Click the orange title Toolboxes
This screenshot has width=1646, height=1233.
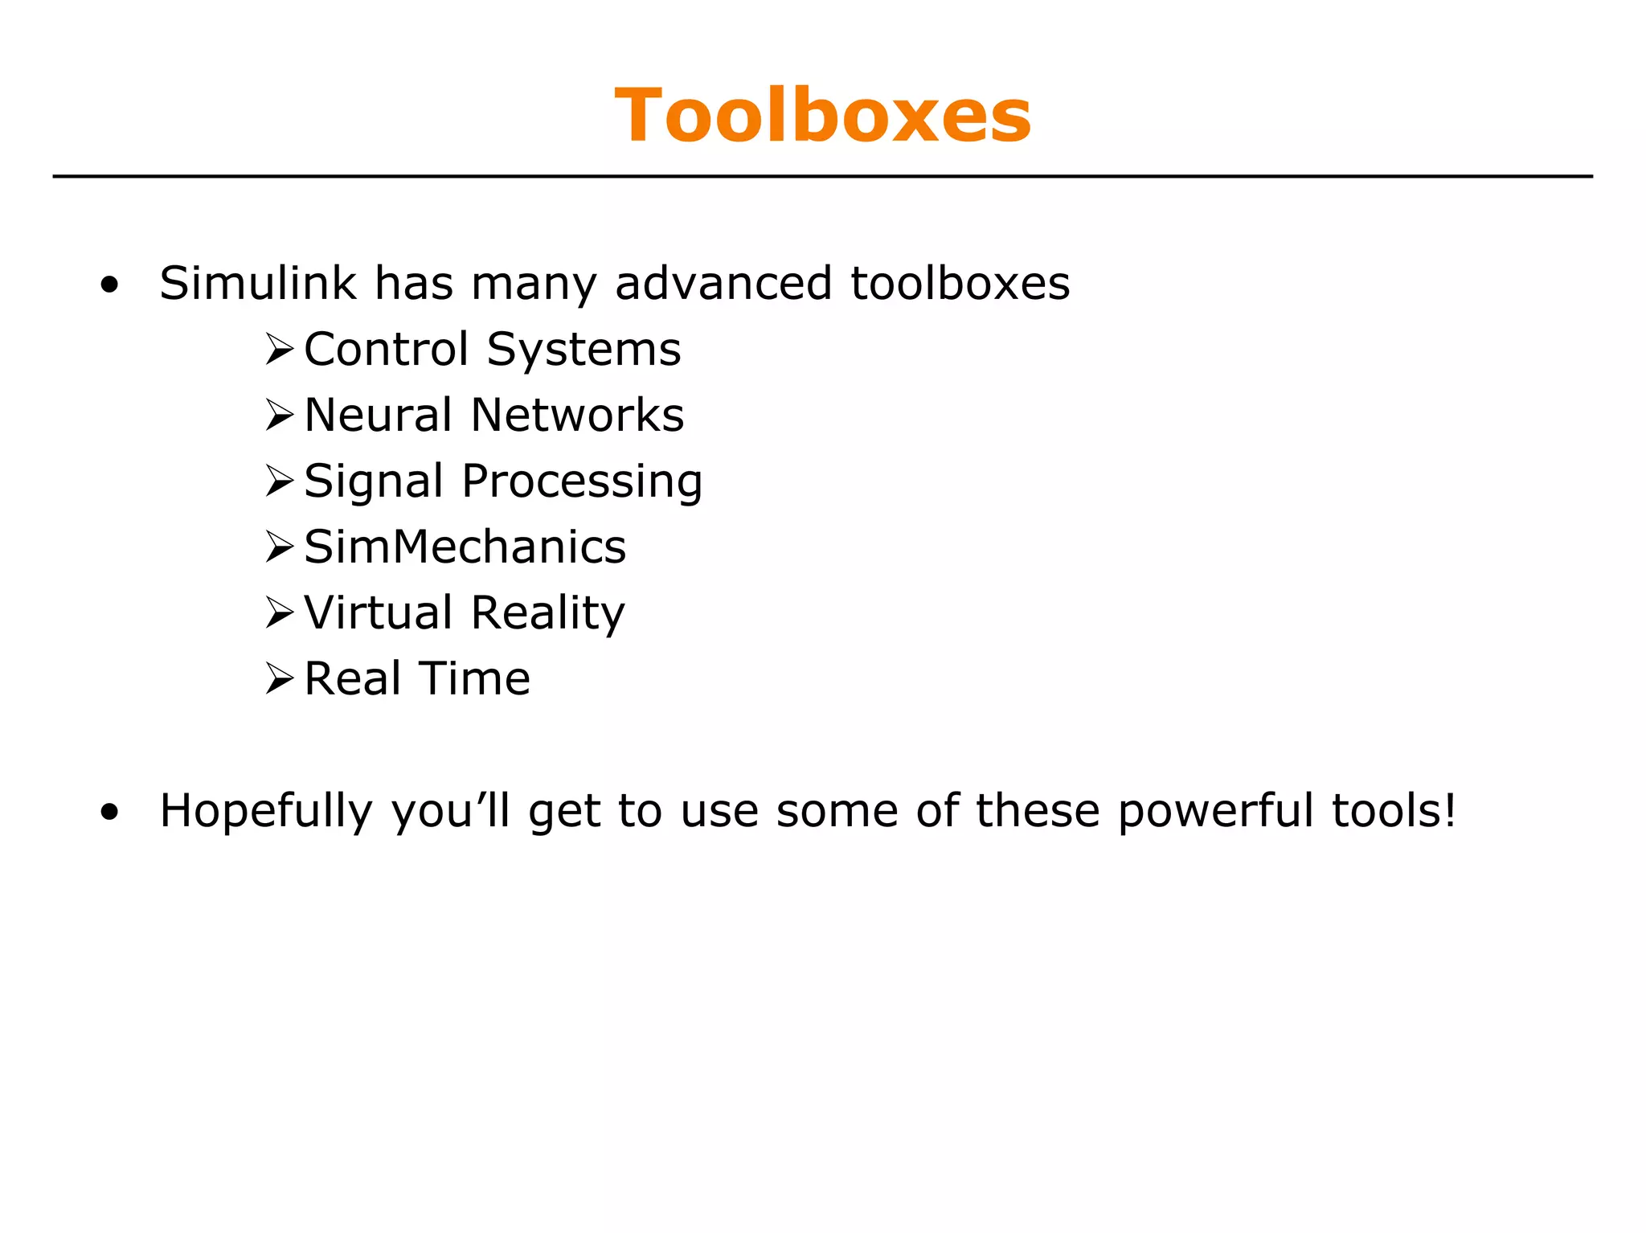[822, 116]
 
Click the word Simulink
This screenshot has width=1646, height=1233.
[257, 283]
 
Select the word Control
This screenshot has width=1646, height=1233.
[386, 350]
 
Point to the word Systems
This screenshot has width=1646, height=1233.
[584, 350]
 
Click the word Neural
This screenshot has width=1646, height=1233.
[378, 416]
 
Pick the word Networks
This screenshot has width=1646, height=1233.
[577, 416]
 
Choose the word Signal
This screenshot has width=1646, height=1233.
[374, 481]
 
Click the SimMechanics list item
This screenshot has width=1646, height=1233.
[465, 547]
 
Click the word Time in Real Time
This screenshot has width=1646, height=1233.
[474, 679]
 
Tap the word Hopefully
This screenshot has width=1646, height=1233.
[266, 811]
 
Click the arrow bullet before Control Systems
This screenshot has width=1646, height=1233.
[279, 350]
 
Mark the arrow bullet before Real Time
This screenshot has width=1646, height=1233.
[279, 680]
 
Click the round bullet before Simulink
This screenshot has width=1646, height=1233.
[110, 285]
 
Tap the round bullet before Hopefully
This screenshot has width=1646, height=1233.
[110, 812]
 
